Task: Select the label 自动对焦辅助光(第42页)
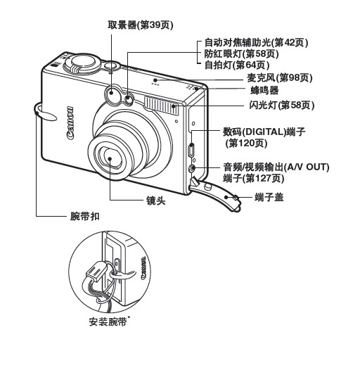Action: [256, 43]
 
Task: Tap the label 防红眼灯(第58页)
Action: [240, 54]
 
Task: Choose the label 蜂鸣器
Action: [264, 91]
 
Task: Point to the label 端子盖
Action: [269, 198]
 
